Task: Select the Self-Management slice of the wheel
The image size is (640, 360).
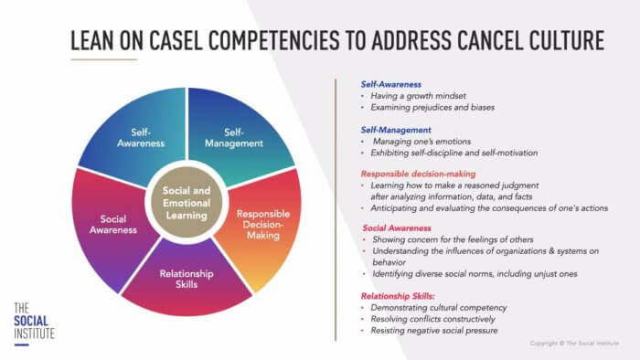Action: point(232,137)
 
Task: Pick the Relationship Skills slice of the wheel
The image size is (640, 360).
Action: point(187,279)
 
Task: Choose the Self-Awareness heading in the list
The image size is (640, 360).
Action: point(390,84)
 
